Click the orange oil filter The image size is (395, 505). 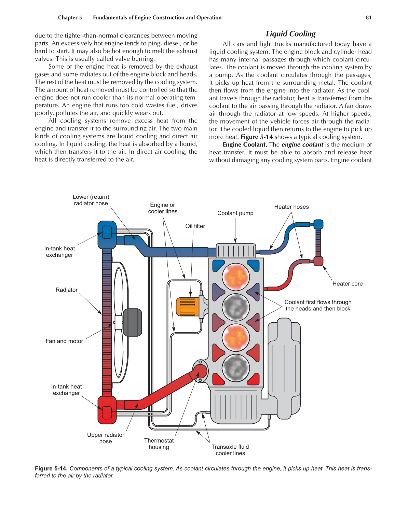point(187,307)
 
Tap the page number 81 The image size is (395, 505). point(368,18)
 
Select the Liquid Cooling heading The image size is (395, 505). point(291,34)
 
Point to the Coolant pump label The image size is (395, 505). point(235,213)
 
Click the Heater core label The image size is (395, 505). point(348,284)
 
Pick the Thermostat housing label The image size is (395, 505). point(159,444)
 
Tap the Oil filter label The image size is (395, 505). point(195,226)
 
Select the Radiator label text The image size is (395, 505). point(67,290)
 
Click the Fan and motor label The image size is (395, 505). point(64,341)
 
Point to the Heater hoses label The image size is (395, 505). point(291,207)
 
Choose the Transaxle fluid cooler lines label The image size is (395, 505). point(230,450)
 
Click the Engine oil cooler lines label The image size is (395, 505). point(163,208)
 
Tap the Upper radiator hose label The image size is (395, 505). point(106,438)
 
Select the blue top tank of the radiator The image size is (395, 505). point(107,235)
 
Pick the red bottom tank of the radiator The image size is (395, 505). point(107,410)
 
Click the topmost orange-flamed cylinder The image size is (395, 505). point(236,277)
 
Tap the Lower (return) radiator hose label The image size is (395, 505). point(91,200)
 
